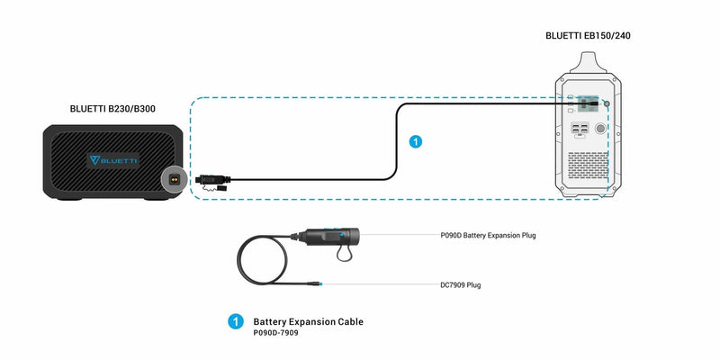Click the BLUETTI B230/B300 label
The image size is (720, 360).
coord(118,108)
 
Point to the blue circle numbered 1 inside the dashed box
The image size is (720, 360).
coord(415,141)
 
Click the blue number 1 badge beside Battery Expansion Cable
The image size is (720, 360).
coord(237,320)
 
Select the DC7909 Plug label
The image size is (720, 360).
coord(460,284)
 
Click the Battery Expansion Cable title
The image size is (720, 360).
coord(309,320)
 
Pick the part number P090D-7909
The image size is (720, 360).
coord(276,332)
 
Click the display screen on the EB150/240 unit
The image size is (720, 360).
coord(589,103)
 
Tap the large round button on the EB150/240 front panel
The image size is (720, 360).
coord(600,129)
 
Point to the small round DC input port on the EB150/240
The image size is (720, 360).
coord(605,104)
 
